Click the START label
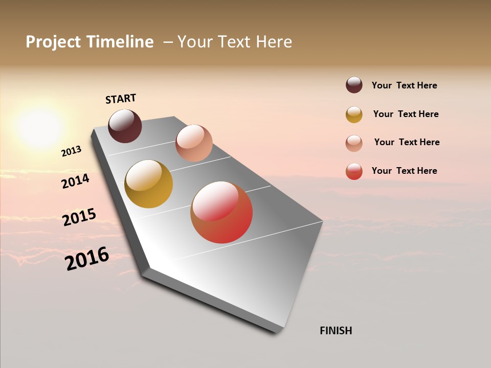point(121,99)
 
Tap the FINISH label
point(336,331)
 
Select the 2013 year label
point(71,151)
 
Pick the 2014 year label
point(75,181)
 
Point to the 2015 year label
point(79,217)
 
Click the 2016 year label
point(87,259)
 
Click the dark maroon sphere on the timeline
point(125,126)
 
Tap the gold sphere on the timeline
point(148,184)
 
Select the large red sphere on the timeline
point(221,212)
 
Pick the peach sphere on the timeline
point(194,143)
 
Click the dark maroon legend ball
point(354,85)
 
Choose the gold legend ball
point(354,114)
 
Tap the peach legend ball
point(354,143)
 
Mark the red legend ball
point(354,171)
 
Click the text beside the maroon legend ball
point(404,85)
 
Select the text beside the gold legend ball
point(406,114)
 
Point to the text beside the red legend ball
point(404,171)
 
